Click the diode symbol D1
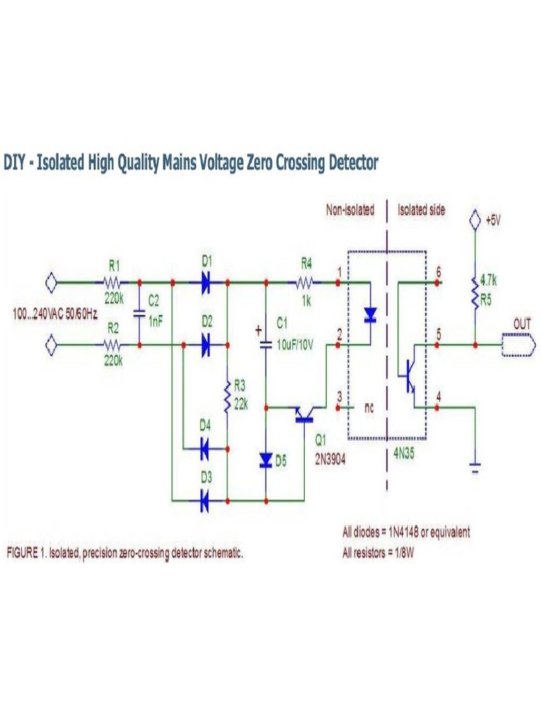(x=205, y=282)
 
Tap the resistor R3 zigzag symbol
(x=227, y=396)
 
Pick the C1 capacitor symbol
(x=266, y=344)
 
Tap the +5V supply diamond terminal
(x=476, y=220)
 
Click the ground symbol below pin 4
(x=476, y=467)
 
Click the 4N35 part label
(x=404, y=455)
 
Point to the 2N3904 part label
(x=332, y=456)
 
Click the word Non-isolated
(x=349, y=210)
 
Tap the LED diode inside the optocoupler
(x=369, y=315)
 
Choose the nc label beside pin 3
(x=368, y=407)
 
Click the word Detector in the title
(x=353, y=163)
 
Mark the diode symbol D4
(x=205, y=448)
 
